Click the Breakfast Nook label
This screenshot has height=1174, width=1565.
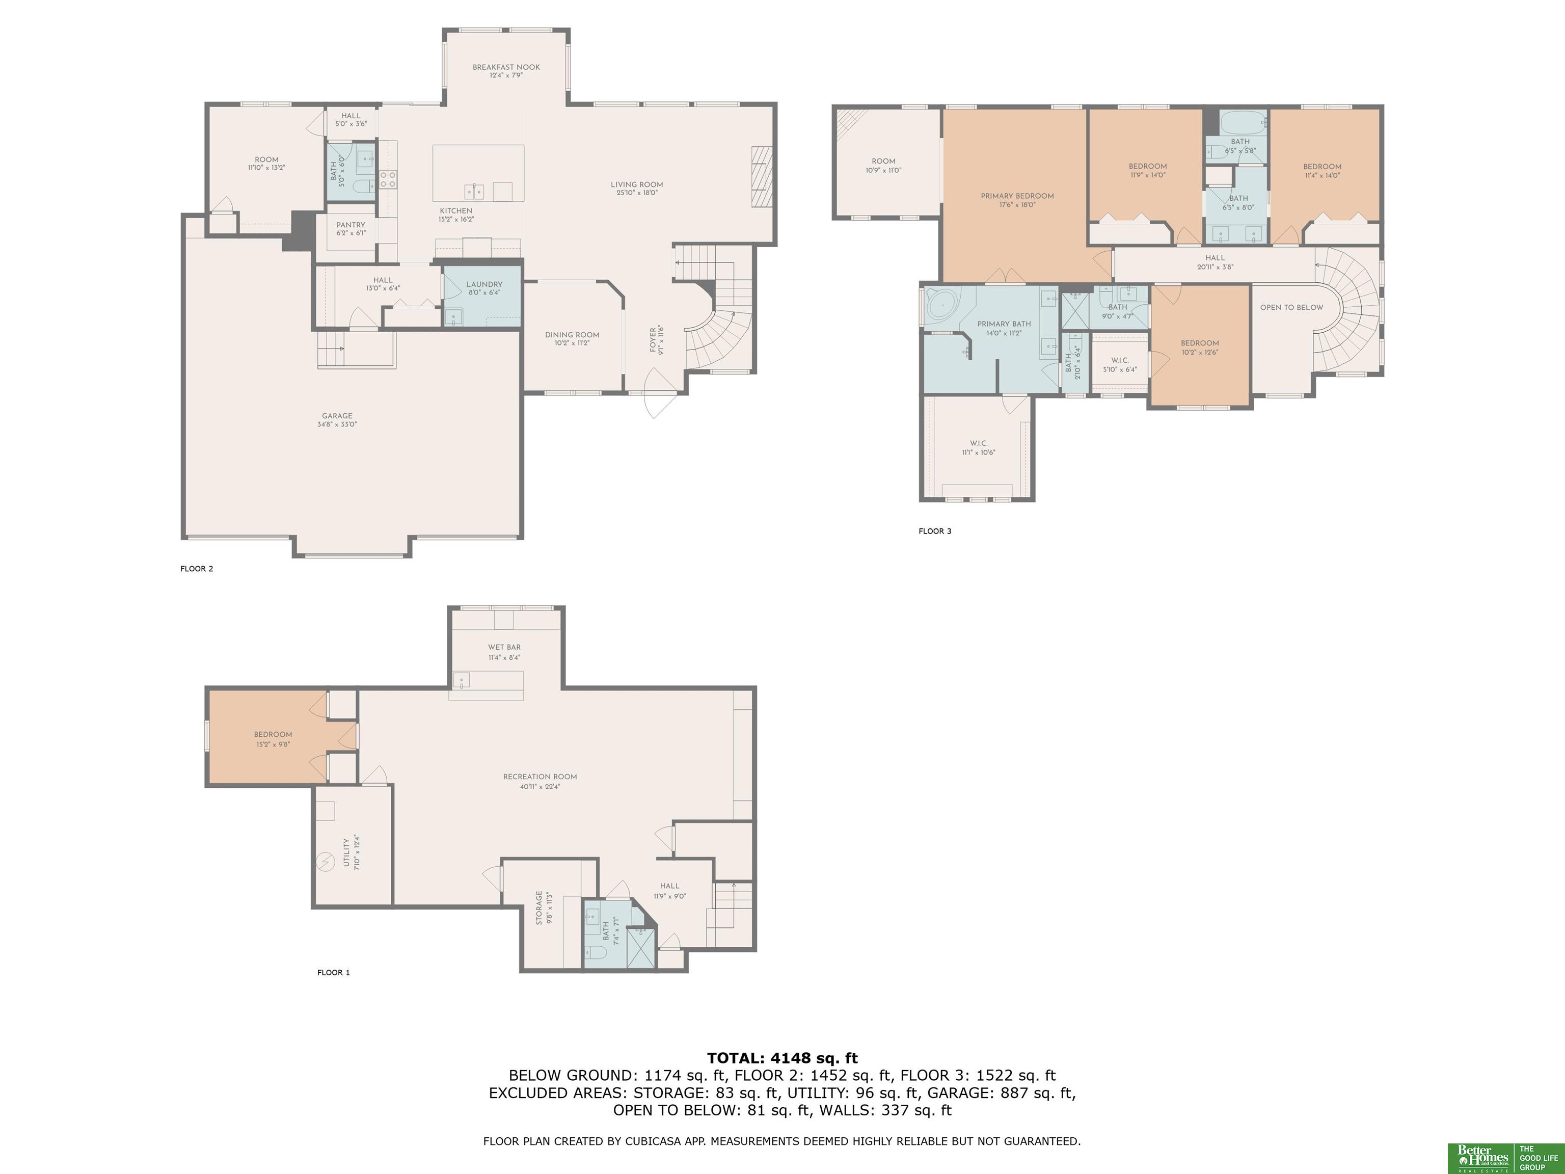pos(506,67)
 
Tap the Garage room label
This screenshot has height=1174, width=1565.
pos(337,416)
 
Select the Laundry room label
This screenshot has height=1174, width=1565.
pos(484,284)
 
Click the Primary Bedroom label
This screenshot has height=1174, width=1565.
pos(1017,196)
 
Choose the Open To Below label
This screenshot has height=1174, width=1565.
pos(1291,307)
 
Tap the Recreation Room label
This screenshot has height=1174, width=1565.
pos(540,777)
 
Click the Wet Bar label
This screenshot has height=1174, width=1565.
pos(504,647)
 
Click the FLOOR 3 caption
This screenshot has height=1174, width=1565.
pos(935,531)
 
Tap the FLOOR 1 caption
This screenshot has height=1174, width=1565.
pos(333,972)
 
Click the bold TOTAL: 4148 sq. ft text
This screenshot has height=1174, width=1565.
pos(782,1058)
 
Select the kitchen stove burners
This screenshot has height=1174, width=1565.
pos(388,178)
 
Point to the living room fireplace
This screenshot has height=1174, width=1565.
pos(761,177)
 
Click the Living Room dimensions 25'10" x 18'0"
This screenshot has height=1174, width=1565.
pos(637,193)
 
